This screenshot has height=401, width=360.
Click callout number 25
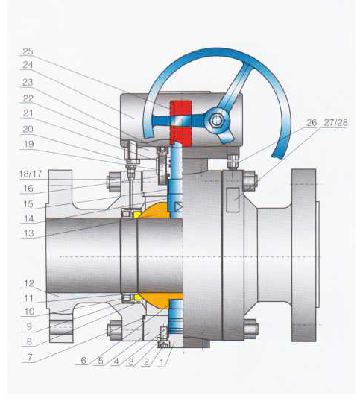28,51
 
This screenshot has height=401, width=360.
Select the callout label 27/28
335,123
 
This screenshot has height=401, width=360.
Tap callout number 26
312,123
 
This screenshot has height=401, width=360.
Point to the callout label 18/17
31,174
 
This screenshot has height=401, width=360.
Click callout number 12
29,283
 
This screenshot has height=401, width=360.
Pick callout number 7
30,357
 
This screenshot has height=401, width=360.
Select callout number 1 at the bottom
161,362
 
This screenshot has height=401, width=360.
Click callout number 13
28,233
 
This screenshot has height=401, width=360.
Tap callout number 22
28,98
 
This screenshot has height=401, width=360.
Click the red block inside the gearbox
180,123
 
